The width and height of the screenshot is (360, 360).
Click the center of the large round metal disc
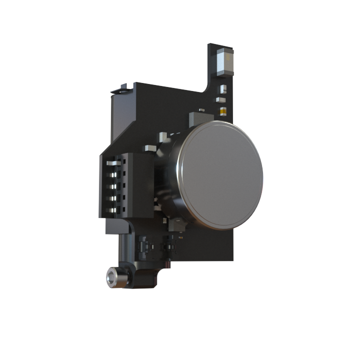pyautogui.click(x=220, y=174)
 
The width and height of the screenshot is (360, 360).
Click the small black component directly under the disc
pyautogui.click(x=177, y=225)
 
